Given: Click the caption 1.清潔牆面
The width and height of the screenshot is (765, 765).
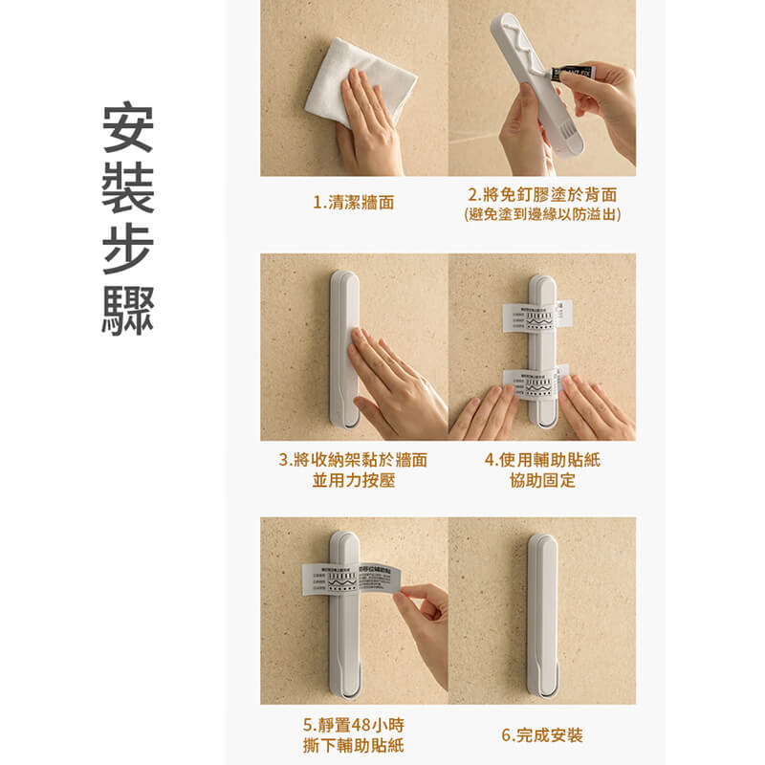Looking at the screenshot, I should point(353,203).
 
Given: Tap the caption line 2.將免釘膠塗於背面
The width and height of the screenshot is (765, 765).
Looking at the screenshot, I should point(541,194).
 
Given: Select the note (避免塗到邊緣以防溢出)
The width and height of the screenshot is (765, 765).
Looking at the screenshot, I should point(541,215).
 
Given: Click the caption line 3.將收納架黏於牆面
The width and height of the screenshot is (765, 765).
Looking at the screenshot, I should point(353,460).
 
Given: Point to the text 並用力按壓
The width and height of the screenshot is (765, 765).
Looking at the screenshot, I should point(353,481).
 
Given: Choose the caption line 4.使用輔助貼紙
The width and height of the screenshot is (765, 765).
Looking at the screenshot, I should point(542,460).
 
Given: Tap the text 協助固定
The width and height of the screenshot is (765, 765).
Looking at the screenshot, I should point(542,481).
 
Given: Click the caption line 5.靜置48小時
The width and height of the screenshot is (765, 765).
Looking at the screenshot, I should point(353,724).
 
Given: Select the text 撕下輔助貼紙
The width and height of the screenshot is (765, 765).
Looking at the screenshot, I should point(353,745).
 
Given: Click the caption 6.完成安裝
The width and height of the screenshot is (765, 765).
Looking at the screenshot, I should point(542,735).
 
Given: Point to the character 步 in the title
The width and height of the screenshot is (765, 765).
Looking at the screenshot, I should point(128,251).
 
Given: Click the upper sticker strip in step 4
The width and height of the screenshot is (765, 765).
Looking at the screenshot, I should point(538,317).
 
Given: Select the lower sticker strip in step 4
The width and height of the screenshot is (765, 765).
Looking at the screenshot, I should point(538,381).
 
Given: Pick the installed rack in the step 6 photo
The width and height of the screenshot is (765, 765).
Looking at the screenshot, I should point(542,612).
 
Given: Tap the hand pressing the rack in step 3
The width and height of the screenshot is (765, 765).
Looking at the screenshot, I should point(392,378).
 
